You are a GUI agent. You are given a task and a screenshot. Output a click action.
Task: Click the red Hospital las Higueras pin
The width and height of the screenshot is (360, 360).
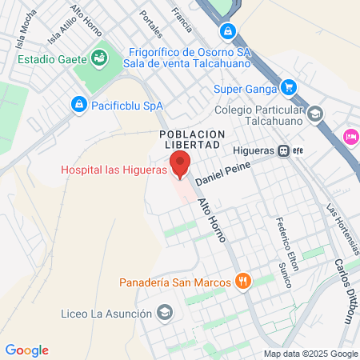coord(181,163)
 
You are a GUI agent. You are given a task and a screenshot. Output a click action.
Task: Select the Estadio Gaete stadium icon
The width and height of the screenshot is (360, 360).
coord(100,58)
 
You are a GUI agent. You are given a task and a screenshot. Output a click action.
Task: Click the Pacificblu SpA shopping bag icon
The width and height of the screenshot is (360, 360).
coord(78,104)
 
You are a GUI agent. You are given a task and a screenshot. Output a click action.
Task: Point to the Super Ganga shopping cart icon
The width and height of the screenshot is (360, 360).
coord(289,88)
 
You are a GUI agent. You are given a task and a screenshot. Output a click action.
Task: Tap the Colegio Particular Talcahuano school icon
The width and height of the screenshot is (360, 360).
coord(315,113)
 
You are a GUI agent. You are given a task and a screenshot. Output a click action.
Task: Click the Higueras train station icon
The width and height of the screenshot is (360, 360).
coord(284,150)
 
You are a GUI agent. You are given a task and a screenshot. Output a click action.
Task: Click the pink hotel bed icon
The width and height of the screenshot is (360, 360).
coord(350,137)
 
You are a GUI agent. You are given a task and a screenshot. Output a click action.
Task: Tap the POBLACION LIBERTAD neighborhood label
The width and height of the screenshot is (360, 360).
coord(190,138)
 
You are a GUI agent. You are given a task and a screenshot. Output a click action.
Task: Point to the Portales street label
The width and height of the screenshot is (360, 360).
coord(150,24)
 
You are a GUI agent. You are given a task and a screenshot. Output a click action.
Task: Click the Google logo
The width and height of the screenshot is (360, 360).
coord(26,350)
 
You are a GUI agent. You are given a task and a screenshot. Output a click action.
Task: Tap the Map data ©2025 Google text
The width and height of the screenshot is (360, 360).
coord(311,354)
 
